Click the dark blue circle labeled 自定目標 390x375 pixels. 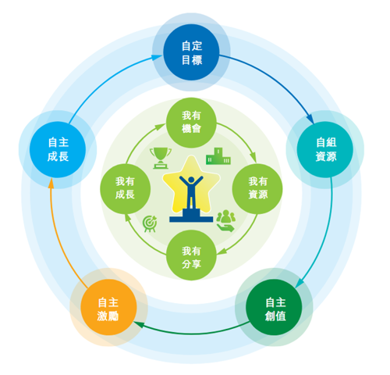[x=191, y=52]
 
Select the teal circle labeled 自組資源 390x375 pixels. [x=325, y=149]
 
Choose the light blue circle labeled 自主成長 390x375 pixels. [x=58, y=149]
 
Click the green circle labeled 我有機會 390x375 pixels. [x=191, y=123]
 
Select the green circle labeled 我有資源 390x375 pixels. [x=257, y=189]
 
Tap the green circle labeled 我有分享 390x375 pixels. [x=191, y=255]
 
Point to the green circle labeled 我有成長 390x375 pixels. [x=126, y=189]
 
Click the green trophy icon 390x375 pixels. [x=161, y=158]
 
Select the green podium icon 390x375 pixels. [x=218, y=156]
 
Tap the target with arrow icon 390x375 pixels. [x=150, y=223]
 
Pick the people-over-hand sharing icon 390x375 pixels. [x=226, y=221]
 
